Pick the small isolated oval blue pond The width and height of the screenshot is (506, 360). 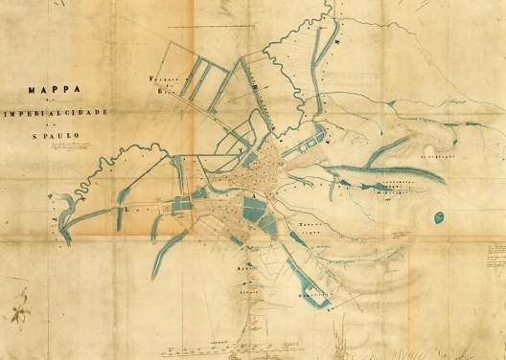[x=439, y=217]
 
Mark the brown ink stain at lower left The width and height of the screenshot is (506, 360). [x=17, y=312]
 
